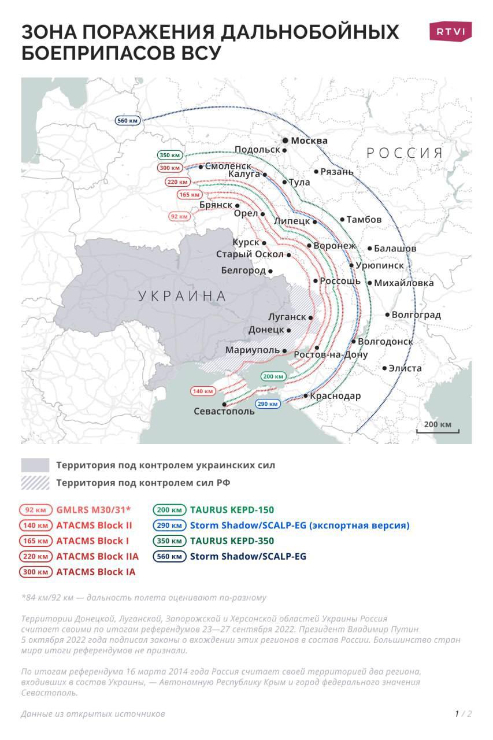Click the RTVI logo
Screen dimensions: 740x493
coord(450,31)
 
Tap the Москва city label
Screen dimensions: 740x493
coord(309,140)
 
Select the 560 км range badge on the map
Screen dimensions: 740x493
coord(127,120)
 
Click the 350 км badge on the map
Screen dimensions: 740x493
coord(170,155)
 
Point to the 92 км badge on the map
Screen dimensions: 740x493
coord(179,216)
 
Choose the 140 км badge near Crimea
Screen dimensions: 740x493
coord(203,391)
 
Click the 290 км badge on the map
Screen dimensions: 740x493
coord(269,404)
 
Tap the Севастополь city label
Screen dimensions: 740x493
coord(224,412)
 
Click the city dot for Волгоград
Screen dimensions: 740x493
coord(388,315)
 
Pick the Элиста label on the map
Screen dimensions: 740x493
coord(405,368)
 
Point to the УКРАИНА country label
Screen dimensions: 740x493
coord(183,297)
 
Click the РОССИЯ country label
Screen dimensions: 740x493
coord(405,153)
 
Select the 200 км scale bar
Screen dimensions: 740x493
coord(438,428)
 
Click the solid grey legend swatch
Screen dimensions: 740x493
coord(35,465)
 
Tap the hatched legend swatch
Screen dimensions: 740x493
coord(35,483)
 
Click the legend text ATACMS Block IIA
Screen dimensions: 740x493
coord(97,557)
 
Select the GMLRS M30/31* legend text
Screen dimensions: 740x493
coord(94,510)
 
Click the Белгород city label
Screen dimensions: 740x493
coord(243,271)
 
